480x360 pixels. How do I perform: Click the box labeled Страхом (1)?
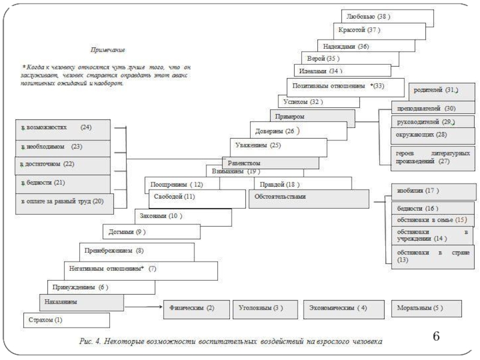coord(67,320)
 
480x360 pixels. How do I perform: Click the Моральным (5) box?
coord(425,308)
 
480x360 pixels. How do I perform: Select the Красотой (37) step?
coord(379,31)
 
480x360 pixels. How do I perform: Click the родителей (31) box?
coord(442,91)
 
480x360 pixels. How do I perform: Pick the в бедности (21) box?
coord(63,183)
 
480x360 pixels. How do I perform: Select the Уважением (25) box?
coord(277,146)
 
